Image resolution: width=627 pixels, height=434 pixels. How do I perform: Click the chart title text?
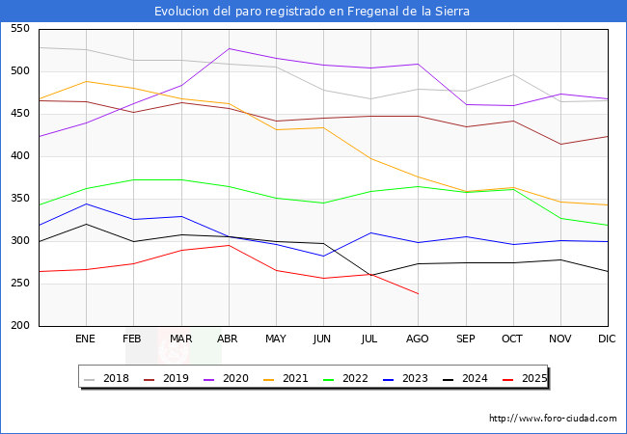pos(313,12)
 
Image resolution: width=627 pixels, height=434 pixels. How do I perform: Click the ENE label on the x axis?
pos(86,339)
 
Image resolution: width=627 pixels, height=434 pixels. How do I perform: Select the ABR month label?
pos(229,339)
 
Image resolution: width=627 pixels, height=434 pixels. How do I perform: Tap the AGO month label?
pos(418,339)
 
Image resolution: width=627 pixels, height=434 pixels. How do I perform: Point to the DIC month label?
pos(607,339)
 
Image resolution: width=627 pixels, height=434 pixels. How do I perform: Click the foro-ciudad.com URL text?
pos(553,419)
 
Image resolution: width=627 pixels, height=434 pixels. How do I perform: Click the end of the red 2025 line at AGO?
pos(418,293)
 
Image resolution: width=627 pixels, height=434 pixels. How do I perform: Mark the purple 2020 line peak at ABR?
pos(229,48)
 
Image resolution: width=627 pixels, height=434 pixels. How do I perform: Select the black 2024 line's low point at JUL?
pos(370,275)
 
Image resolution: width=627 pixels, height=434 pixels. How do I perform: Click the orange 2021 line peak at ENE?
pos(86,81)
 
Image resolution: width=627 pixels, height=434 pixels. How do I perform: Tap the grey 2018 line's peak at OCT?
pos(512,74)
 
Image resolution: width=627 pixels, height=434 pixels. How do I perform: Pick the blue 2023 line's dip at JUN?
pos(323,256)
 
